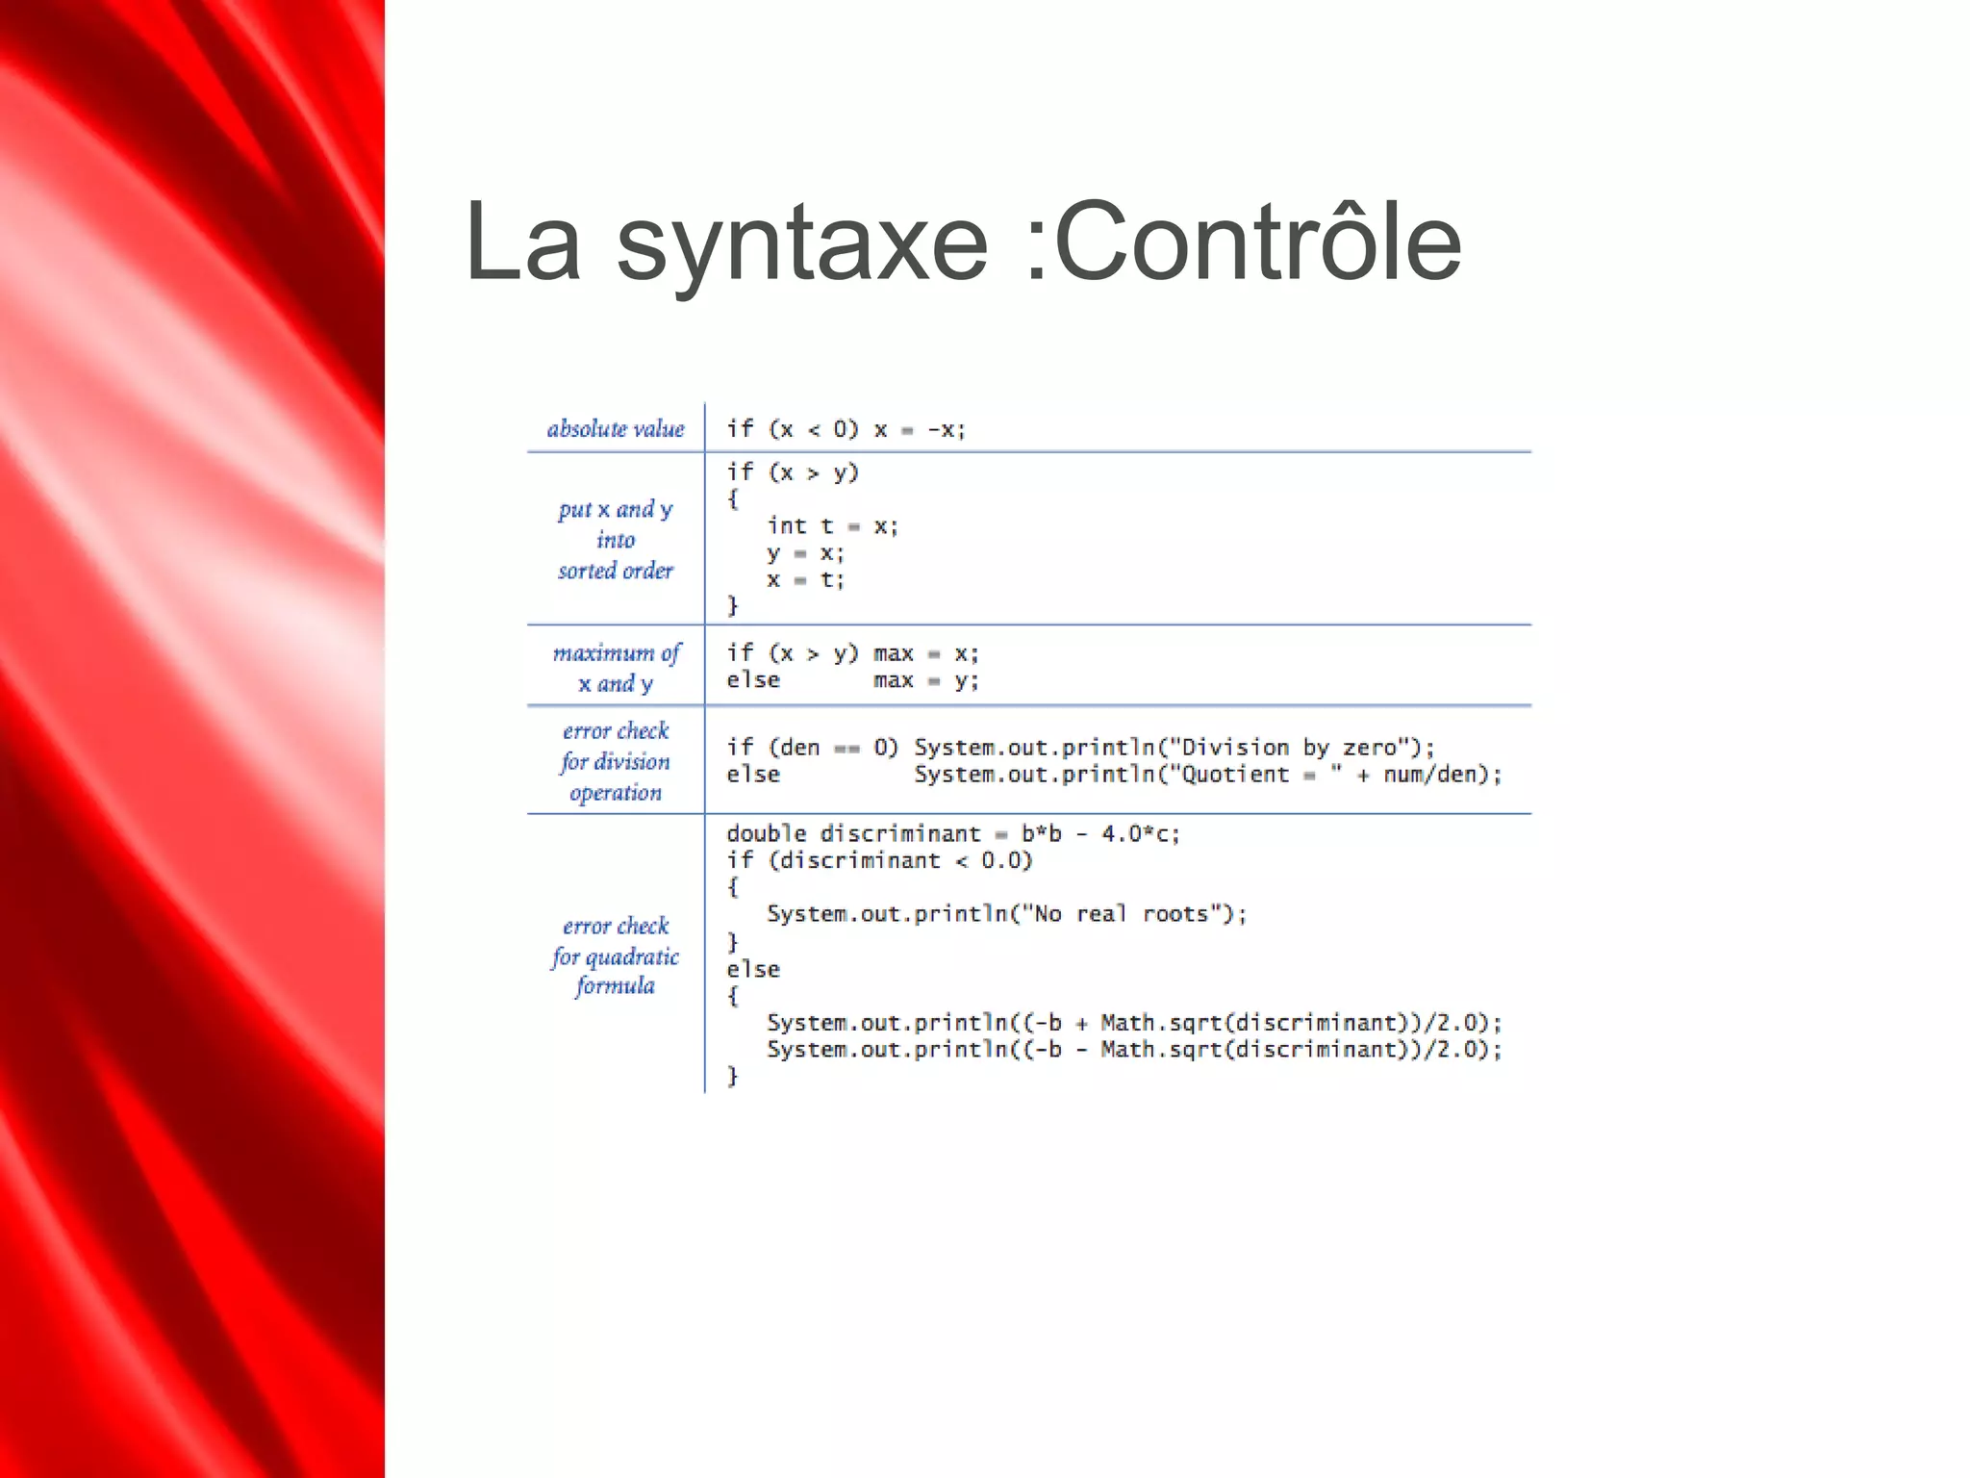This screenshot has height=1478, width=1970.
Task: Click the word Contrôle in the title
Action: coord(1257,242)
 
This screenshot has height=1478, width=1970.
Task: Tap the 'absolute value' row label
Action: coord(616,429)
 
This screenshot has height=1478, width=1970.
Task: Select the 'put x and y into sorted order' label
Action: coord(616,540)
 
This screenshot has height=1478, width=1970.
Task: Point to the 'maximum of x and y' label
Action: coord(616,668)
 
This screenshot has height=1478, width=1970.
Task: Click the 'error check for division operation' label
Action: coord(616,761)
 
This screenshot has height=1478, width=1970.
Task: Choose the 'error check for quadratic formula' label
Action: coord(616,956)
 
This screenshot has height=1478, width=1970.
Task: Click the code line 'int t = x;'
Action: coord(832,526)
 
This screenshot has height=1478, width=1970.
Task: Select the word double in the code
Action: coord(766,833)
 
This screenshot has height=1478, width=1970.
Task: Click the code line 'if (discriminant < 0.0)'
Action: coord(878,860)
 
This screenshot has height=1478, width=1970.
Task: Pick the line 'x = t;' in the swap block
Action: coord(805,580)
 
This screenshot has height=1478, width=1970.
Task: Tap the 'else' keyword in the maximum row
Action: coord(753,680)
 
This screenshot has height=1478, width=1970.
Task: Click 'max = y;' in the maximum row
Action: coord(925,680)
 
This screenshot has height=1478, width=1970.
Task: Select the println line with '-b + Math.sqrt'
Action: coord(1133,1022)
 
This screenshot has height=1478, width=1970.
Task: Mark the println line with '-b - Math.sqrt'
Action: coord(1133,1049)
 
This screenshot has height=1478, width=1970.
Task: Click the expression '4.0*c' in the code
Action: coord(1139,833)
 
